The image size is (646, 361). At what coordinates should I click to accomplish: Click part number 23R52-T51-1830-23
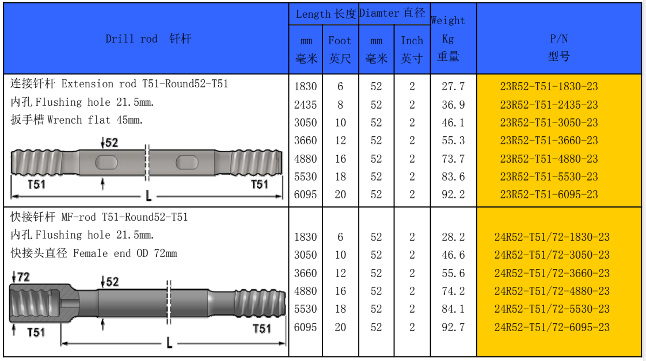tap(549, 86)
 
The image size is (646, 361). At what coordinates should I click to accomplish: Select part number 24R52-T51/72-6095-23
tap(552, 327)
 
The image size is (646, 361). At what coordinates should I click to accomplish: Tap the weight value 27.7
tap(453, 86)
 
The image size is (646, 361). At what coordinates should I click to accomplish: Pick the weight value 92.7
tap(453, 327)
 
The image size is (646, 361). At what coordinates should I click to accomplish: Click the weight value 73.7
tap(453, 159)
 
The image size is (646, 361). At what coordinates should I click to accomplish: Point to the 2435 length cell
tap(305, 105)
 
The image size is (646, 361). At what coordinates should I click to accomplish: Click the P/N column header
tap(558, 47)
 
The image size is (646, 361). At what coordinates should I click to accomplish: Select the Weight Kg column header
tap(448, 39)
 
